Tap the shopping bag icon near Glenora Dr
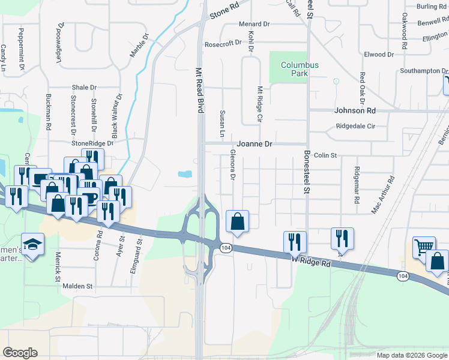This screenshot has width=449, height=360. pos(238,221)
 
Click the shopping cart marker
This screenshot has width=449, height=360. pos(424,247)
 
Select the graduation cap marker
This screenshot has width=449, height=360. pos(32,244)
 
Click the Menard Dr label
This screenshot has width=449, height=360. pos(255,24)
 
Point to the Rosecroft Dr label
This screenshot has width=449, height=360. pos(223,44)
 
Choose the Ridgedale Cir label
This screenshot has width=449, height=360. pos(355,127)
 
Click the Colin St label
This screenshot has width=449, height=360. pos(327,155)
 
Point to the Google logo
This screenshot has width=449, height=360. pos(20,353)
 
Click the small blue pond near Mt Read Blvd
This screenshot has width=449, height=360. pos(185,175)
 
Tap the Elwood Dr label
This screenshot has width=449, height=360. pos(379,55)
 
